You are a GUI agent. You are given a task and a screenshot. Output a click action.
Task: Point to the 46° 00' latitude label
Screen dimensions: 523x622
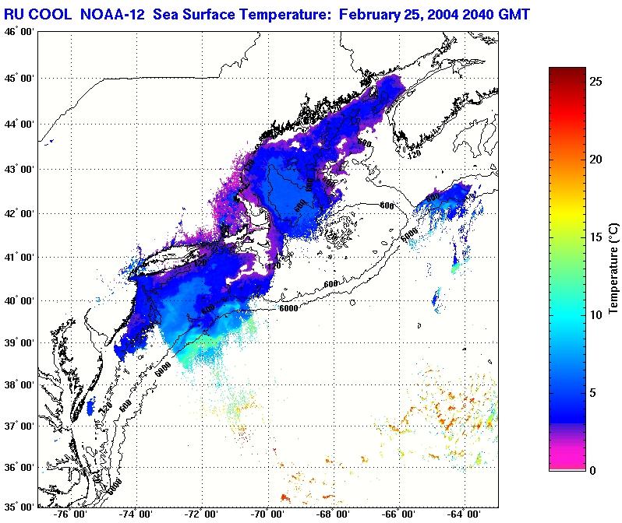(x=19, y=31)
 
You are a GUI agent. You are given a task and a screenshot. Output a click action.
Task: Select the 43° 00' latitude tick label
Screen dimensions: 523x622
(x=19, y=169)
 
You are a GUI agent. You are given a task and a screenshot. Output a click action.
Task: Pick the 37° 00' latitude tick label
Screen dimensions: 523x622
(x=19, y=426)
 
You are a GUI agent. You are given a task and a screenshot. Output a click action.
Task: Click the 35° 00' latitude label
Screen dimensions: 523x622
(x=19, y=506)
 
